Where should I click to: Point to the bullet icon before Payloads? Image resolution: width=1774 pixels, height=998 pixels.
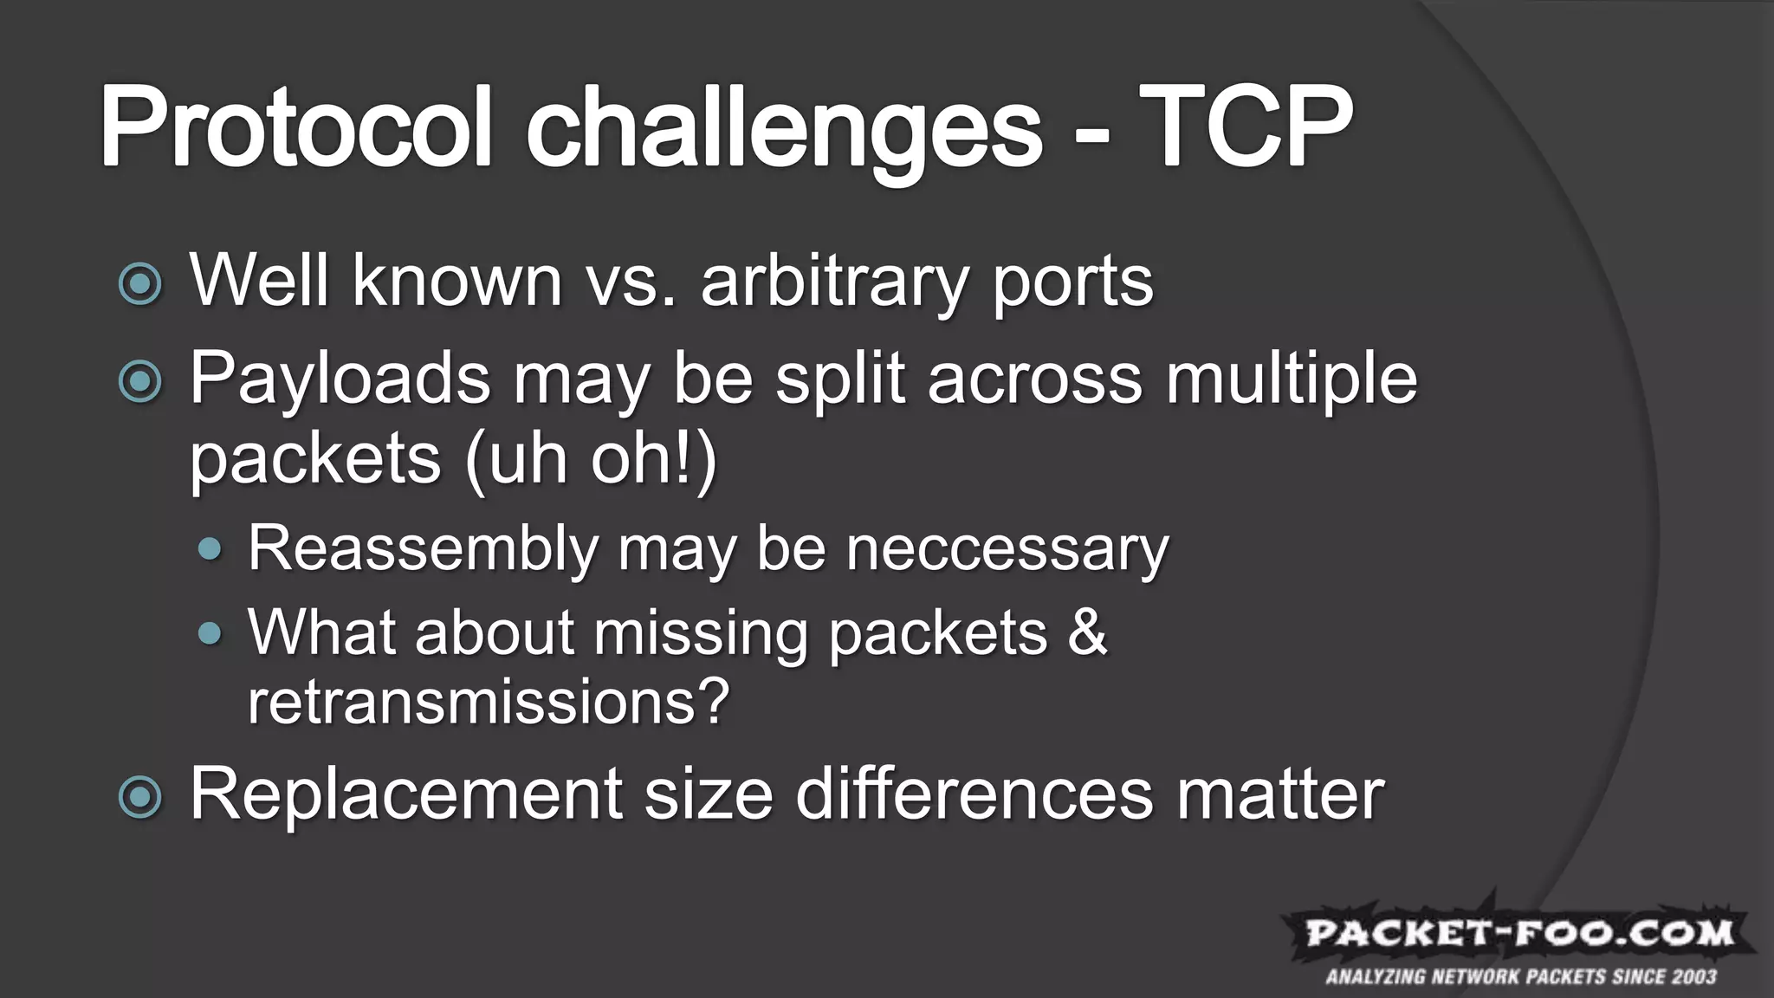pos(139,381)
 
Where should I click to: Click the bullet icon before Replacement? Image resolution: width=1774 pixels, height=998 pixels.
pos(139,796)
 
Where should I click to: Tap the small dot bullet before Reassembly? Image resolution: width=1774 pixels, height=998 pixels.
pos(210,548)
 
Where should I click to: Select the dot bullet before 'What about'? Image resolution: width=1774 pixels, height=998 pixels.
pos(210,633)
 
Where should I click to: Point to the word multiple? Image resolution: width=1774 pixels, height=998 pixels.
pos(1291,379)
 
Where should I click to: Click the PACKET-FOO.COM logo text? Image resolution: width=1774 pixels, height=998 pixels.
pos(1519,933)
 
